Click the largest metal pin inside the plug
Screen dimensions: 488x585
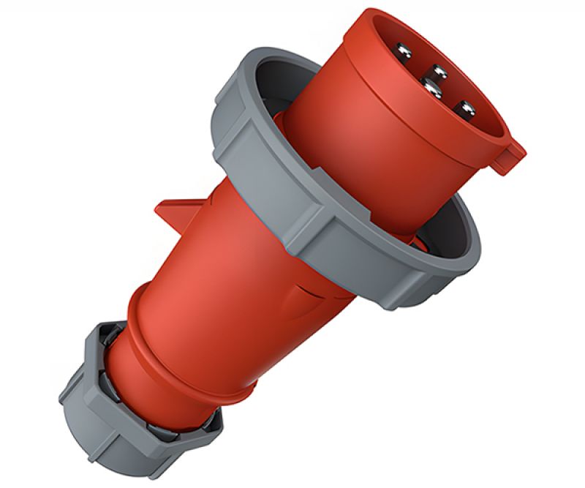432,89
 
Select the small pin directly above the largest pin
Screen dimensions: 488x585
439,72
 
